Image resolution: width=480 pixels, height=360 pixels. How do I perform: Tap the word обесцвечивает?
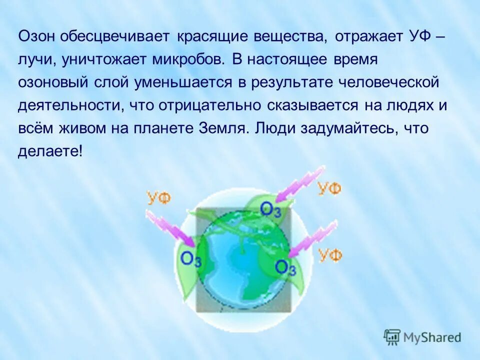[x=116, y=37]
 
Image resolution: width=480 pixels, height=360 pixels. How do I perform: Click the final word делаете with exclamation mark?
[x=50, y=151]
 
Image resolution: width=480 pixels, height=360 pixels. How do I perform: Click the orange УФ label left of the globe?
[x=158, y=197]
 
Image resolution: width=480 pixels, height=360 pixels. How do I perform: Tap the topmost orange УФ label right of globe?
[x=330, y=188]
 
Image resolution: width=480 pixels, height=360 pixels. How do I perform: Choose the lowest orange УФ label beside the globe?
[x=330, y=255]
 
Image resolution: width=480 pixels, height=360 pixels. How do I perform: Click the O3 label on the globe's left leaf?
[x=191, y=259]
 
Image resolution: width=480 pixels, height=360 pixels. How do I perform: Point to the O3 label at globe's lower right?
[x=285, y=268]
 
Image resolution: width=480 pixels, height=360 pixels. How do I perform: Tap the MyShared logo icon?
[x=392, y=336]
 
